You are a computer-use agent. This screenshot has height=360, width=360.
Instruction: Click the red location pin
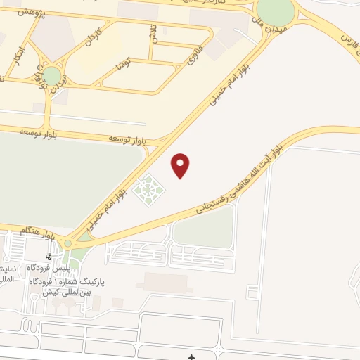tap(181, 165)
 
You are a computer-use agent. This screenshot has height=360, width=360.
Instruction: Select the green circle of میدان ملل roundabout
tap(275, 9)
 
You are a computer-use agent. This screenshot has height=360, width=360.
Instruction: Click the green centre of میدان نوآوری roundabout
tap(51, 75)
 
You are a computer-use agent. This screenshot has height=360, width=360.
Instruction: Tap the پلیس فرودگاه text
tap(49, 269)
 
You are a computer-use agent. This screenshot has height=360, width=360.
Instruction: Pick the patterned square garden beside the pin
tap(148, 188)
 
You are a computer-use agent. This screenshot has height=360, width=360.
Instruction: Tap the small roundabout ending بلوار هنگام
tap(67, 243)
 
